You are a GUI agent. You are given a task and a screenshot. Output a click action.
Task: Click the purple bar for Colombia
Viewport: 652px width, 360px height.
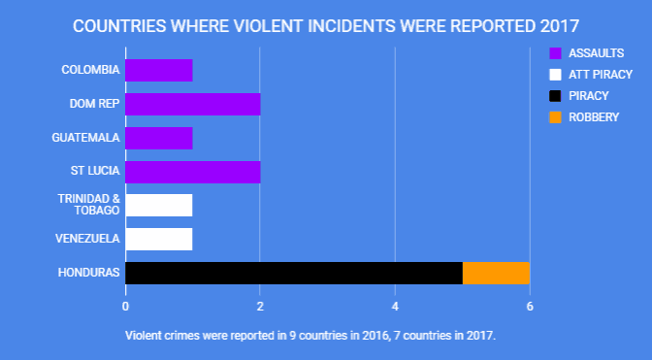click(159, 70)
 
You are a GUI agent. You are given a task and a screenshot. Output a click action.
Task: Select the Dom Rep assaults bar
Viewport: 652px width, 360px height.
click(192, 104)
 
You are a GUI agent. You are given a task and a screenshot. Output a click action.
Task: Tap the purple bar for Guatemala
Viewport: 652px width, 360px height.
click(159, 138)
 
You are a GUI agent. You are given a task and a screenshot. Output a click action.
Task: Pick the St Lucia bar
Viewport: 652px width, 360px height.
click(192, 172)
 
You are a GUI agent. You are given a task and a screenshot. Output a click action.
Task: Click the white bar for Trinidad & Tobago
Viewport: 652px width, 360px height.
click(159, 205)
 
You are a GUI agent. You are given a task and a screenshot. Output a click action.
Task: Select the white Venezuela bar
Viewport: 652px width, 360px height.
click(159, 239)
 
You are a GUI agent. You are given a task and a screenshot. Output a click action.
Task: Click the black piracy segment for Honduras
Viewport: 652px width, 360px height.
click(294, 273)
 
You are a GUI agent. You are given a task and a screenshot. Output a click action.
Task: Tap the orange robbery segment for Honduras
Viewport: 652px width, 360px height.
click(496, 273)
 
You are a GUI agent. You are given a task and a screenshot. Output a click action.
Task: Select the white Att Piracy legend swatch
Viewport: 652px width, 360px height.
click(555, 74)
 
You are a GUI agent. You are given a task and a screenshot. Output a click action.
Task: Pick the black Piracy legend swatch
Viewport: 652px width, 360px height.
click(555, 95)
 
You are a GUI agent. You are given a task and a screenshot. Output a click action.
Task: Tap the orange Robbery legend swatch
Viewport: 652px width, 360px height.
click(555, 117)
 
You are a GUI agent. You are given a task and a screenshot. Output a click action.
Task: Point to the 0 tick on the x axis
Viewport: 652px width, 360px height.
click(125, 307)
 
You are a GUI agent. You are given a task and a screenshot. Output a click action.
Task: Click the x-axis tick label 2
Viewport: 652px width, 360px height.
click(260, 307)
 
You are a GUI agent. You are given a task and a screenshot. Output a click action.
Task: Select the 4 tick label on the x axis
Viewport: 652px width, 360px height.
click(395, 307)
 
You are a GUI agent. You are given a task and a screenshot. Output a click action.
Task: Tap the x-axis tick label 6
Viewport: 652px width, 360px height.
click(530, 307)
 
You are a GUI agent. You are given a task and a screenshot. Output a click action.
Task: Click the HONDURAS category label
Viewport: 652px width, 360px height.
click(90, 273)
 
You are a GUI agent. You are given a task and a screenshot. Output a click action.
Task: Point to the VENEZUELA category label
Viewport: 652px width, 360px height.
click(89, 239)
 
